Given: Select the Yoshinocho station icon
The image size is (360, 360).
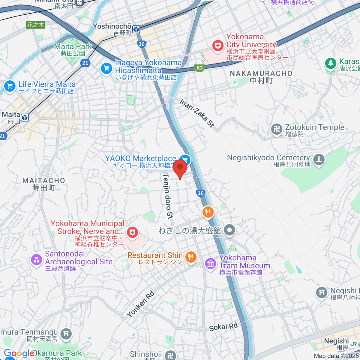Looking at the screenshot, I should tap(136, 29).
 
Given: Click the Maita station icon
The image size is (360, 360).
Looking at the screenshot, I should tap(25, 118).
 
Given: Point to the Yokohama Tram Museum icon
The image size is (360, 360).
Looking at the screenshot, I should tap(211, 264).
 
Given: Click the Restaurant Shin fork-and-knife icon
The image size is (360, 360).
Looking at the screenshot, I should tap(191, 257).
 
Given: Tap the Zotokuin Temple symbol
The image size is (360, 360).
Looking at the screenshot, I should tap(276, 130).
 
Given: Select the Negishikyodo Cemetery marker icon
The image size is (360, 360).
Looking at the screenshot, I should tap(319, 160).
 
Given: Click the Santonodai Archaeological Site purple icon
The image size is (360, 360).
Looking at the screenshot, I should tap(37, 259).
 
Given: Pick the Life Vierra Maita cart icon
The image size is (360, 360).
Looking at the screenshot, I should tap(10, 86).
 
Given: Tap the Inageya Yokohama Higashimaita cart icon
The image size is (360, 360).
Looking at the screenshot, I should tap(106, 68).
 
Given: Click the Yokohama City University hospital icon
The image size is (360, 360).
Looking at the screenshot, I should tap(218, 46).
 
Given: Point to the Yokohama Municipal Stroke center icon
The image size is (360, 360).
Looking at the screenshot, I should tap(132, 232).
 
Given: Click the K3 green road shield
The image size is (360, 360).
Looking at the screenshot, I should tap(199, 68).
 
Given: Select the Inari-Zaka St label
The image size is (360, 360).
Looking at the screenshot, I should tap(197, 113).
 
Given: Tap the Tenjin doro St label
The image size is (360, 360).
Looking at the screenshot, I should tap(168, 196).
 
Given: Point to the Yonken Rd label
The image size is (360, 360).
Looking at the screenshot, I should tap(140, 304).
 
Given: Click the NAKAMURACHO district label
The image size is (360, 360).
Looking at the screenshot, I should tap(261, 73).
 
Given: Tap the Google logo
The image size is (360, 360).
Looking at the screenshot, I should tap(19, 353).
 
